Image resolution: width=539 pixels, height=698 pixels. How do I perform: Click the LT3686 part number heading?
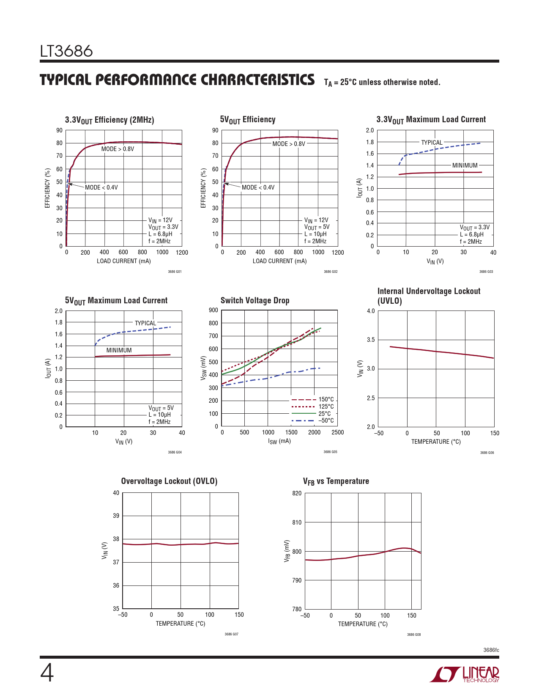(x=66, y=51)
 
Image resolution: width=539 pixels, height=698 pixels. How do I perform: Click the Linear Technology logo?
(x=465, y=674)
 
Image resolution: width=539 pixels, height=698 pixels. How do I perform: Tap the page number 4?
(x=47, y=673)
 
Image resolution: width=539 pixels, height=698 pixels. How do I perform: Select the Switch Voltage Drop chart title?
(x=255, y=300)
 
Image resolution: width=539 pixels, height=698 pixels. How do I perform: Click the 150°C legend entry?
(x=326, y=399)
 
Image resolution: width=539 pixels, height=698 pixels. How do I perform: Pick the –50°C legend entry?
(x=326, y=420)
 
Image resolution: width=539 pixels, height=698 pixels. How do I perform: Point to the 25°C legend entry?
(x=324, y=414)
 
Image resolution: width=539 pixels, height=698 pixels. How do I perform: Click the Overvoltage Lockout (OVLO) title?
(x=169, y=481)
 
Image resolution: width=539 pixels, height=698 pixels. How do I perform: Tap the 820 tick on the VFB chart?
(x=297, y=493)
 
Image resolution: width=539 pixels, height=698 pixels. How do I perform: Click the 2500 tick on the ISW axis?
(x=337, y=432)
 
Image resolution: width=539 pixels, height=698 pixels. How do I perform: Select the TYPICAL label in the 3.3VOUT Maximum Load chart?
(x=432, y=143)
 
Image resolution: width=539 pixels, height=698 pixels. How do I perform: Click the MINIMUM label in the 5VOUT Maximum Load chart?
(x=119, y=350)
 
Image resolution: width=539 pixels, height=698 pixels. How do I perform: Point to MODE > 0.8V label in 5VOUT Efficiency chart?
(x=289, y=144)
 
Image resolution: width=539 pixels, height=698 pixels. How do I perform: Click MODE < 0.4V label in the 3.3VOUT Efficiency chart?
(x=101, y=187)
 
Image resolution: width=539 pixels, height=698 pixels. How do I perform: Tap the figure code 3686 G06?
(x=487, y=453)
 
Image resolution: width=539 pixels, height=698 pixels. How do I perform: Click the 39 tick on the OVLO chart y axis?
(x=116, y=516)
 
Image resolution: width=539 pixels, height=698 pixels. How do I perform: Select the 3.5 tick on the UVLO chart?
(x=370, y=340)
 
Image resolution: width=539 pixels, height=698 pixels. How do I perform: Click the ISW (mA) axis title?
(x=279, y=441)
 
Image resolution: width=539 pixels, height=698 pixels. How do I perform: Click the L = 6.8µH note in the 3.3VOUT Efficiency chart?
(x=160, y=234)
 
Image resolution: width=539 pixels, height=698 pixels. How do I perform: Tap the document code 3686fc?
(x=491, y=650)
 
